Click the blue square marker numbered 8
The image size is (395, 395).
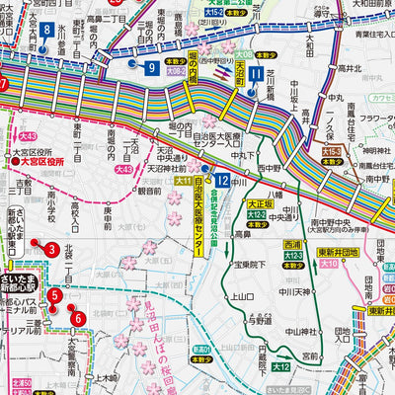(x=47, y=31)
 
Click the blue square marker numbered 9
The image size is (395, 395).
(x=151, y=67)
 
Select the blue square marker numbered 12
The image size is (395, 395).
(x=223, y=180)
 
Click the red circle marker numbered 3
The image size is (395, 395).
(x=50, y=248)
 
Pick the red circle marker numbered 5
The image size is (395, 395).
(x=56, y=295)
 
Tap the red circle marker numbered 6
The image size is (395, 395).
(x=78, y=318)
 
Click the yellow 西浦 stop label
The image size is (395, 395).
(x=292, y=244)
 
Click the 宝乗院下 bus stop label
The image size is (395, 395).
(x=244, y=266)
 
